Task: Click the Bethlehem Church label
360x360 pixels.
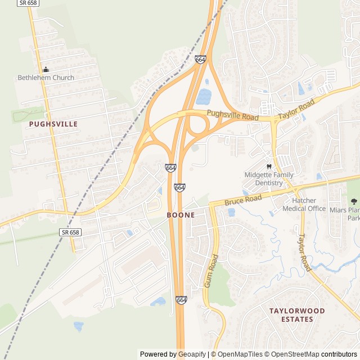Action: click(x=46, y=78)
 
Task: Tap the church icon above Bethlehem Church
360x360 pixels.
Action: click(x=46, y=69)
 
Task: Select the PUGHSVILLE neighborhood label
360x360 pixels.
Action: click(x=53, y=123)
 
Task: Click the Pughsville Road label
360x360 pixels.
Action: click(x=232, y=115)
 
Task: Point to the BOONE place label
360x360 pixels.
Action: click(x=181, y=215)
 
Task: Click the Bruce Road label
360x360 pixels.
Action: click(x=244, y=199)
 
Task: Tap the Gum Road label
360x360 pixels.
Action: click(x=211, y=271)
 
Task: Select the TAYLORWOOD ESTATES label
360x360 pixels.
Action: click(x=297, y=315)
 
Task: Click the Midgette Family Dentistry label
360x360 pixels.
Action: click(x=268, y=179)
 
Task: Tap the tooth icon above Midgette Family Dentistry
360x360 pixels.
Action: click(x=268, y=166)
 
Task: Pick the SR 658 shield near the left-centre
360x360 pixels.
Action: click(x=69, y=232)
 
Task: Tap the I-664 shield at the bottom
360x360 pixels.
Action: click(x=181, y=300)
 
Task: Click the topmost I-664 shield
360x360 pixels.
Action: click(x=201, y=59)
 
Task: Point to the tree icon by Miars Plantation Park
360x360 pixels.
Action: click(x=353, y=201)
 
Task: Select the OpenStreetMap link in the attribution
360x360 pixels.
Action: click(x=292, y=354)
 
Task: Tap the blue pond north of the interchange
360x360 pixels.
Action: click(x=204, y=97)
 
